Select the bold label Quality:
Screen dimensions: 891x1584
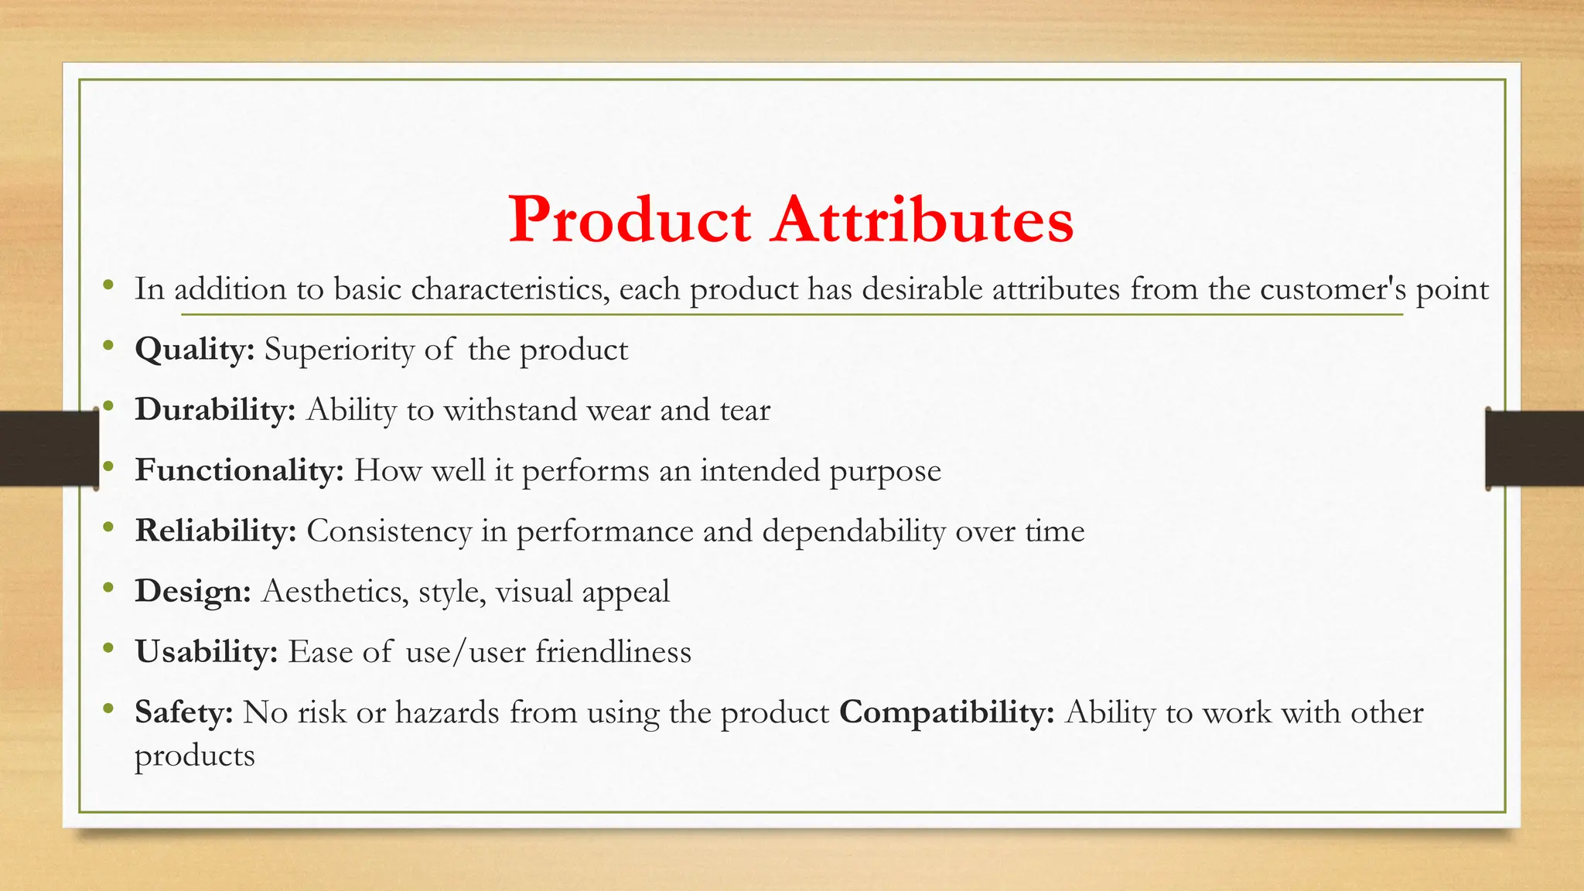[195, 350]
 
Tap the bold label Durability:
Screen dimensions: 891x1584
[215, 410]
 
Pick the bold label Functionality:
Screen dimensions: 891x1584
[239, 470]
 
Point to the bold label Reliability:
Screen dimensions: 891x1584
[216, 531]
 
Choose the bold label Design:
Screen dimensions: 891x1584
[193, 592]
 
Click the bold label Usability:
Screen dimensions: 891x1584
[207, 652]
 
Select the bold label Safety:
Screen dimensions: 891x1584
[184, 712]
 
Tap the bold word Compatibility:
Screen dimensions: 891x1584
[947, 712]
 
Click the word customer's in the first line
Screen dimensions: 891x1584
[1333, 289]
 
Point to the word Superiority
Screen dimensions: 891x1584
[340, 350]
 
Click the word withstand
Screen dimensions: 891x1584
[510, 410]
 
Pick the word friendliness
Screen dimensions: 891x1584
[613, 652]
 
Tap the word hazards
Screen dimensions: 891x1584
[447, 712]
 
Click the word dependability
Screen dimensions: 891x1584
[853, 531]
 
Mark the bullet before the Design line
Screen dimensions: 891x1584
[109, 589]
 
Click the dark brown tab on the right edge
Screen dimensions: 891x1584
[1534, 449]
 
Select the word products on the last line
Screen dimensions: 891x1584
[194, 756]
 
